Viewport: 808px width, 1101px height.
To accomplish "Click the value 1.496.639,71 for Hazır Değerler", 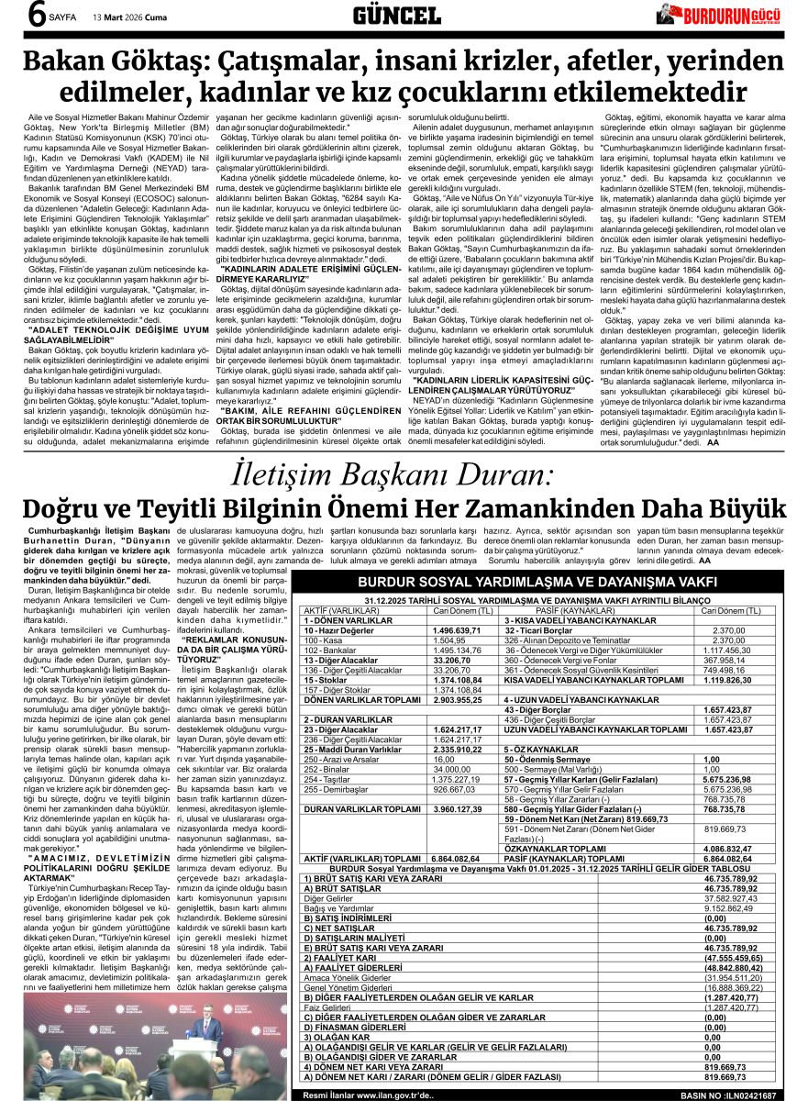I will [x=457, y=631].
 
